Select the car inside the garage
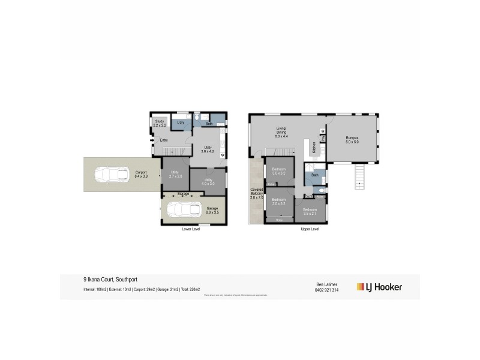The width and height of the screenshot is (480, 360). pos(184,210)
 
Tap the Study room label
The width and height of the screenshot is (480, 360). pos(160,123)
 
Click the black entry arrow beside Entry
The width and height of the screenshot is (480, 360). pos(152,142)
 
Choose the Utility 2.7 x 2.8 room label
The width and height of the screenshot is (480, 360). pos(175,176)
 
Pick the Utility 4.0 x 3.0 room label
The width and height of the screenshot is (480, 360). pos(209,181)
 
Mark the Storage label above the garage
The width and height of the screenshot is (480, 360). pos(183,194)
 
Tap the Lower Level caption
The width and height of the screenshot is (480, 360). pos(190,229)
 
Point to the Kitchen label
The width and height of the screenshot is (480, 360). pos(314,148)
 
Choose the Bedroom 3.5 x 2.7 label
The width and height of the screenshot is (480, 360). pos(310,211)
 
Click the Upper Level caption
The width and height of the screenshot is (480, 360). pos(310,229)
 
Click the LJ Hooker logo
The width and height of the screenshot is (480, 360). pos(379,287)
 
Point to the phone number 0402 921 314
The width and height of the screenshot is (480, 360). pos(328,290)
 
